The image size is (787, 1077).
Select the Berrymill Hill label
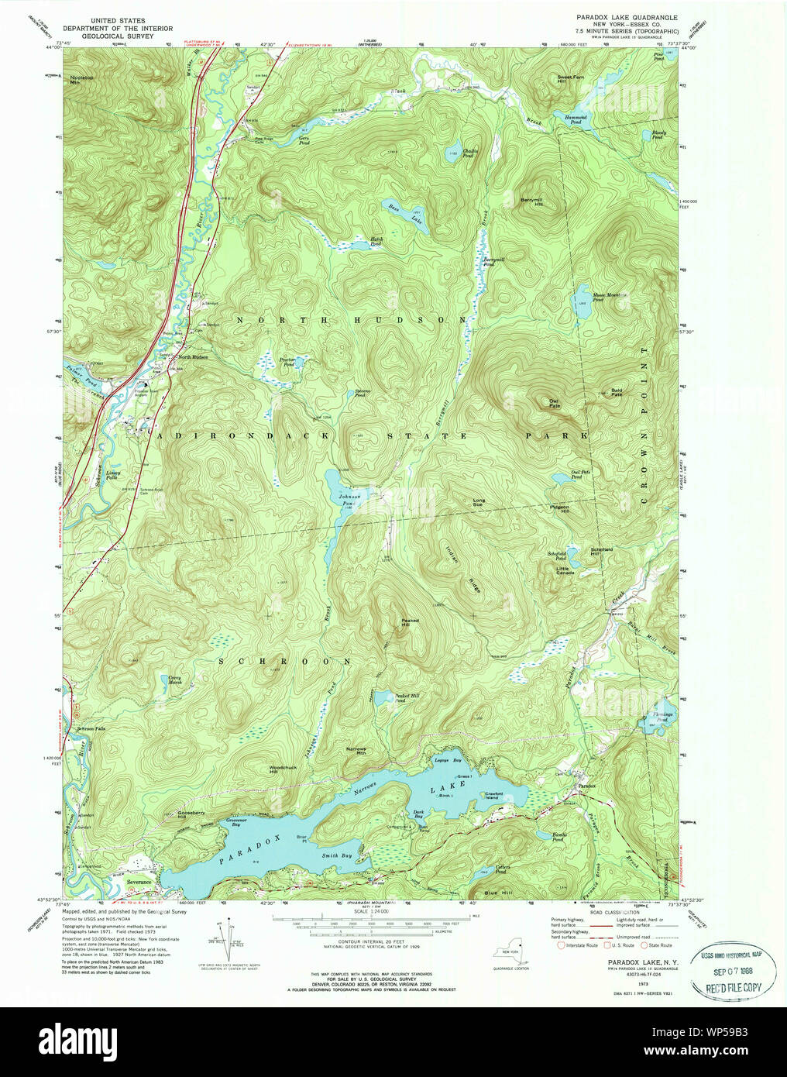pyautogui.click(x=532, y=201)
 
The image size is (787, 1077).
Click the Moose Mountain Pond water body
pyautogui.click(x=581, y=299)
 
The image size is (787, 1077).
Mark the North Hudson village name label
pyautogui.click(x=194, y=356)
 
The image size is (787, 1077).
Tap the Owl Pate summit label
pyautogui.click(x=554, y=403)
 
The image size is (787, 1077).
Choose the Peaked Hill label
pyautogui.click(x=410, y=622)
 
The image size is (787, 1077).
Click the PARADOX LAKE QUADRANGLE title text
pyautogui.click(x=627, y=16)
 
